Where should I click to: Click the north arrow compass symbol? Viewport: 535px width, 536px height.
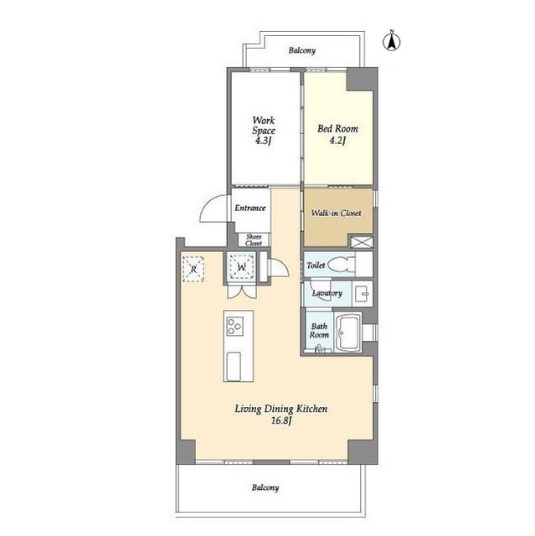tap(392, 41)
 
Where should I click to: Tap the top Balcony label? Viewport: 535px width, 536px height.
tap(301, 50)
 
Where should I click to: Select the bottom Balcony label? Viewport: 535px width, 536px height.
tap(265, 487)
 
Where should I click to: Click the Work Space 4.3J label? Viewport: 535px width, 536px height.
tap(264, 131)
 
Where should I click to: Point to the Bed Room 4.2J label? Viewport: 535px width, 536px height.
tap(337, 134)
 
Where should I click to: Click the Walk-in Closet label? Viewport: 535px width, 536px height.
tap(336, 213)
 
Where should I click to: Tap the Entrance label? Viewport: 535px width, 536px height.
tap(250, 208)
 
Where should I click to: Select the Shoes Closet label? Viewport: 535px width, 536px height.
tap(254, 240)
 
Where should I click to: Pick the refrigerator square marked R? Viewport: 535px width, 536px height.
tap(193, 269)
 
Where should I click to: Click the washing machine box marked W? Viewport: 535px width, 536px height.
tap(241, 267)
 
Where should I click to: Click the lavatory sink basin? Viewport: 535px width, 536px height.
tap(363, 293)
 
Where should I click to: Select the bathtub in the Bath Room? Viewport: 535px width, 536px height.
tap(348, 332)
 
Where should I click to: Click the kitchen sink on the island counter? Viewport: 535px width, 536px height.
tap(234, 366)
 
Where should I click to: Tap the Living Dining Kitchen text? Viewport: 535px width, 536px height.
tap(280, 409)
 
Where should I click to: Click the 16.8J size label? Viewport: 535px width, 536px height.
tap(280, 420)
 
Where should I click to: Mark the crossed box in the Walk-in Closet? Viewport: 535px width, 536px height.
tap(362, 242)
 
